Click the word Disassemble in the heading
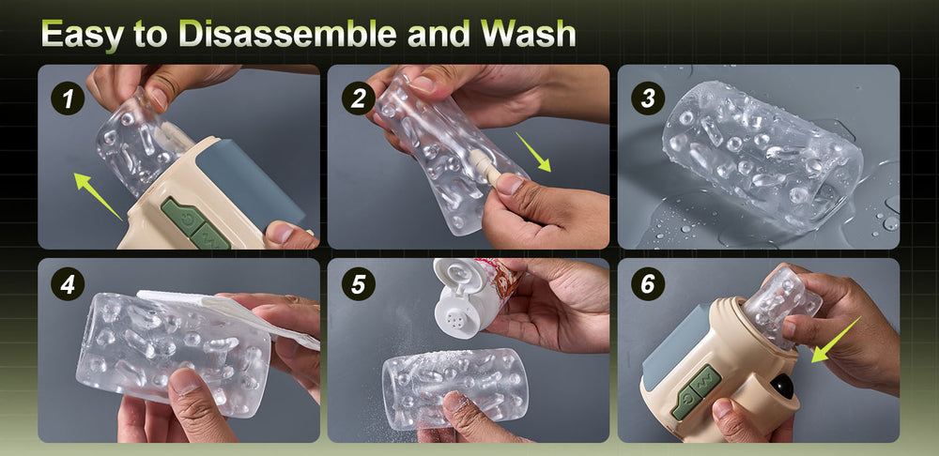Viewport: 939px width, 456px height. point(288,34)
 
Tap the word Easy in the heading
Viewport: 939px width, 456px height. point(82,35)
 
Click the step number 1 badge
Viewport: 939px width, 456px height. point(68,98)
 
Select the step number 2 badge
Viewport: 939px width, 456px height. point(358,98)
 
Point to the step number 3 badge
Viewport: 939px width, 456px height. point(648,98)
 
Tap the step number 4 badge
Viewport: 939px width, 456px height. point(68,283)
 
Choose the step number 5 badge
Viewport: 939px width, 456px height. point(358,283)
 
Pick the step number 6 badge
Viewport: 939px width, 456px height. point(648,283)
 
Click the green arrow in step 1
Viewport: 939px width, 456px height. point(99,196)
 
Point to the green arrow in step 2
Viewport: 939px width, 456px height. point(533,152)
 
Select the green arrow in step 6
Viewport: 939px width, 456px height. point(836,340)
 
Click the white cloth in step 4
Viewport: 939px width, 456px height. point(234,314)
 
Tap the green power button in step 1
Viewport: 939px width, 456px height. point(182,218)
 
